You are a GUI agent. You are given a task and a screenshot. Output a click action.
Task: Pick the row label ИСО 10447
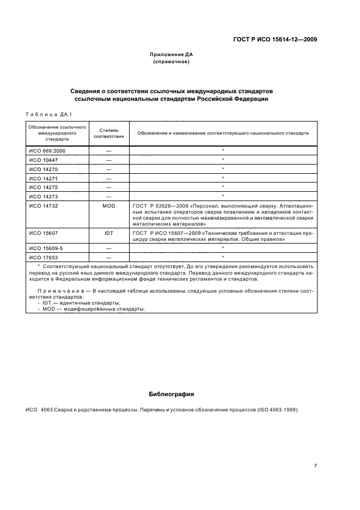point(41,160)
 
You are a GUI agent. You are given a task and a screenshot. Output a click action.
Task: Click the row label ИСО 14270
point(41,169)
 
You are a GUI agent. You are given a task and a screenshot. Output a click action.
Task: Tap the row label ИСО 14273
point(41,196)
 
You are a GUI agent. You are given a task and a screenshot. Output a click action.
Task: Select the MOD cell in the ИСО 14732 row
point(109,207)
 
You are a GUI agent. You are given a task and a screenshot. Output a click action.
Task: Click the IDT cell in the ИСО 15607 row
point(109,233)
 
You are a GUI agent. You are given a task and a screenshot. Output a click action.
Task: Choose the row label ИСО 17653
point(41,257)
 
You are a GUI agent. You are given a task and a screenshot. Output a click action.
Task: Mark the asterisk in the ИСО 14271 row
point(223,178)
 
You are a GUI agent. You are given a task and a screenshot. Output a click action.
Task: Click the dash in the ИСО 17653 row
point(109,257)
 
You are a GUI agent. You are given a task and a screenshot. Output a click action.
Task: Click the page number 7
point(315,465)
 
